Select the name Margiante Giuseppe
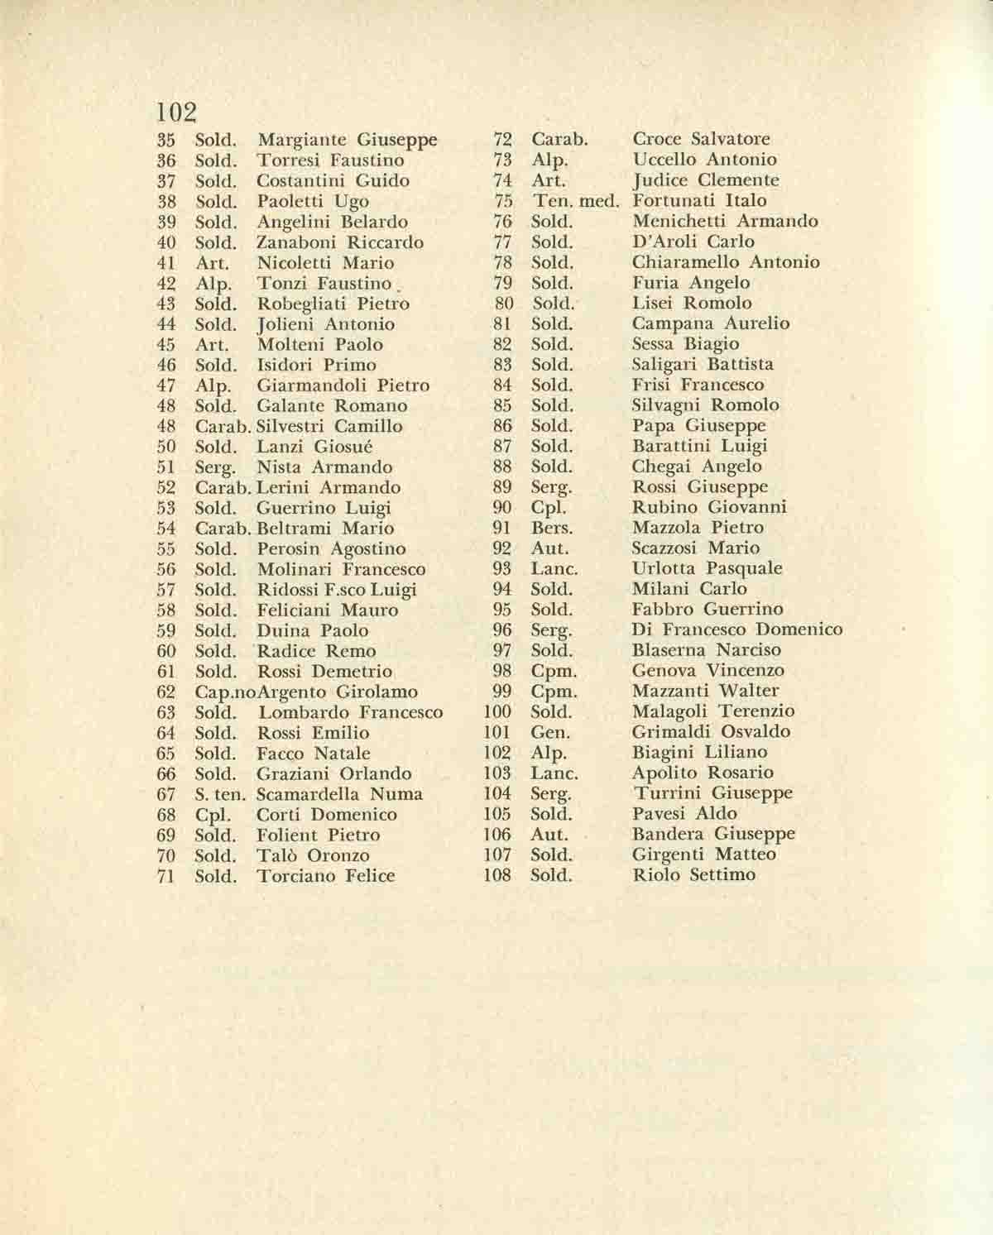pyautogui.click(x=348, y=140)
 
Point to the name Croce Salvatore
pyautogui.click(x=701, y=139)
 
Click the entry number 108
pyautogui.click(x=497, y=875)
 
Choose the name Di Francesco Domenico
pyautogui.click(x=737, y=630)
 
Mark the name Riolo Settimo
pyautogui.click(x=693, y=875)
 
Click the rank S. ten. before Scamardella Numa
pyautogui.click(x=220, y=794)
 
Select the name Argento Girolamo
pyautogui.click(x=338, y=692)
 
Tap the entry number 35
pyautogui.click(x=166, y=140)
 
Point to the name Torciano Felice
pyautogui.click(x=326, y=876)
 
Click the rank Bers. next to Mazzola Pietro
pyautogui.click(x=551, y=528)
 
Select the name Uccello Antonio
pyautogui.click(x=704, y=160)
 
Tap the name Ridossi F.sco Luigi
pyautogui.click(x=337, y=590)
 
